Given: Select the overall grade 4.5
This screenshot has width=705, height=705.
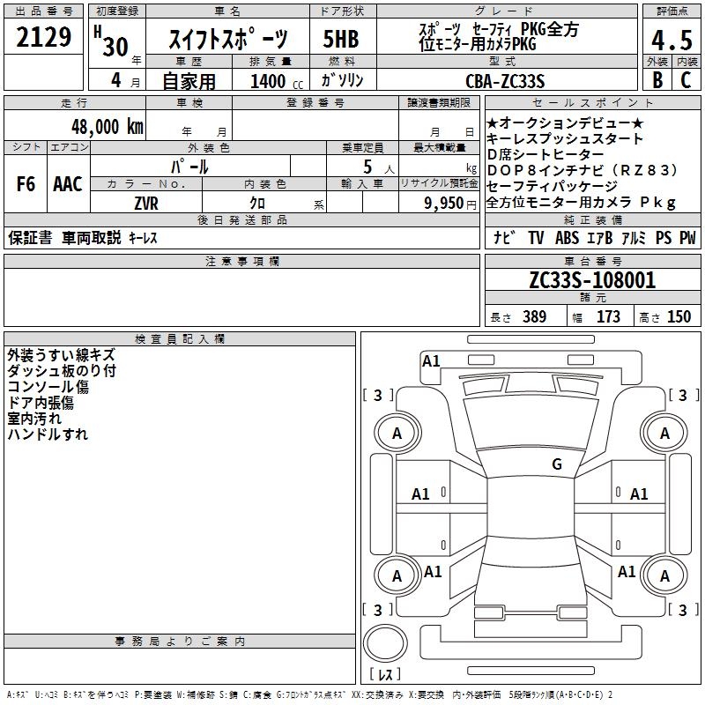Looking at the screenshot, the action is pyautogui.click(x=672, y=41).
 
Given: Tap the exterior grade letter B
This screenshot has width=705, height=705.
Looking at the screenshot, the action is pyautogui.click(x=657, y=79).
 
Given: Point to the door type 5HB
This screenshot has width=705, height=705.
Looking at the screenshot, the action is pyautogui.click(x=341, y=40).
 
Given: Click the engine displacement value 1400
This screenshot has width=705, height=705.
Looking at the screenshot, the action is pyautogui.click(x=268, y=81).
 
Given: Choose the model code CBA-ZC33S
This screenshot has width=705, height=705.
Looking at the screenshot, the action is pyautogui.click(x=506, y=81).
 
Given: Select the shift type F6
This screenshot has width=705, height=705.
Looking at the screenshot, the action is pyautogui.click(x=26, y=184).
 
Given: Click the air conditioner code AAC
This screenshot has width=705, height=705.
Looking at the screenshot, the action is pyautogui.click(x=68, y=184).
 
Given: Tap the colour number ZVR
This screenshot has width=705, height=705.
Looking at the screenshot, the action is pyautogui.click(x=145, y=203).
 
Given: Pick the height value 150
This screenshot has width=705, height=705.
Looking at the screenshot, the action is pyautogui.click(x=679, y=316).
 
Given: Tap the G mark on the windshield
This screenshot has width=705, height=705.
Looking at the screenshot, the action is pyautogui.click(x=556, y=464).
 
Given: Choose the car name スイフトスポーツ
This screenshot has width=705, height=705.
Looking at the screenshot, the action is pyautogui.click(x=227, y=40).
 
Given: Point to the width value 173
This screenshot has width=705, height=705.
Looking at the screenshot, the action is pyautogui.click(x=608, y=316).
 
